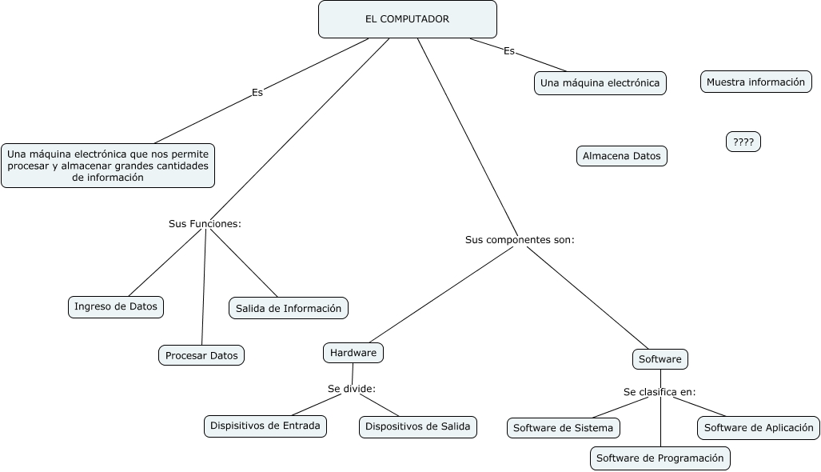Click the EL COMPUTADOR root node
point(407,19)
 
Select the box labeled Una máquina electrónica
point(600,83)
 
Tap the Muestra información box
point(755,82)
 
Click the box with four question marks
point(743,142)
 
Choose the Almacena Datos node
point(621,156)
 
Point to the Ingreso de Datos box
point(116,306)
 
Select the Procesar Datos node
point(201,355)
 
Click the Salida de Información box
point(289,308)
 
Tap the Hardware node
point(353,352)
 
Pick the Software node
point(660,359)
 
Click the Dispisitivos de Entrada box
point(265,426)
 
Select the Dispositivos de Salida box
point(418,426)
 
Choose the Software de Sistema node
point(563,428)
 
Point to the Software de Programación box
point(660,458)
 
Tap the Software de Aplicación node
point(759,427)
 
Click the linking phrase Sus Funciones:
point(205,224)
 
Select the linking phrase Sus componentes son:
point(520,239)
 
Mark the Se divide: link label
point(351,389)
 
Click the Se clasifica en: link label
point(660,392)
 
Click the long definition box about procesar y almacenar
point(108,166)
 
